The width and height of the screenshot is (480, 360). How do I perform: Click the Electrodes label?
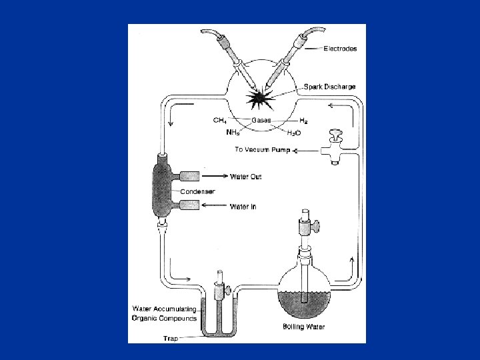click(340, 49)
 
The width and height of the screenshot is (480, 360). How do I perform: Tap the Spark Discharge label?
click(329, 87)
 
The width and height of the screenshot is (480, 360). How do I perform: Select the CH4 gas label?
click(219, 121)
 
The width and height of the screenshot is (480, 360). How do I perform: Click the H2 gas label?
click(303, 121)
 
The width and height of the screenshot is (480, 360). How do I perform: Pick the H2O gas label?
click(293, 133)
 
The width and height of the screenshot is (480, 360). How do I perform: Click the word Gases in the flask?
click(261, 121)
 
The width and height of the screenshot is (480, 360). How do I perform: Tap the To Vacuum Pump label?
click(261, 150)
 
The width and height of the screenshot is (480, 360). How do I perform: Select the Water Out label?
click(246, 177)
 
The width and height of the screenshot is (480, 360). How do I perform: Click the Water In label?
click(243, 207)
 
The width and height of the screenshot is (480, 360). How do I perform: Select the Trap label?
click(171, 339)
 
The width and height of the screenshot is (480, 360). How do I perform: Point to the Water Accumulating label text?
click(164, 308)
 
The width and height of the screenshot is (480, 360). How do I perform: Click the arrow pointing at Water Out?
click(215, 177)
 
